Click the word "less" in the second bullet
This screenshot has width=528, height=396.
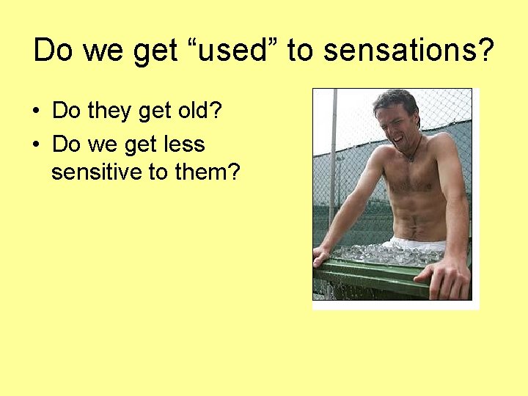click(185, 144)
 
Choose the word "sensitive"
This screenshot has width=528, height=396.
click(96, 172)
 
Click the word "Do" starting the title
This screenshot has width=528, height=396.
click(54, 51)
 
